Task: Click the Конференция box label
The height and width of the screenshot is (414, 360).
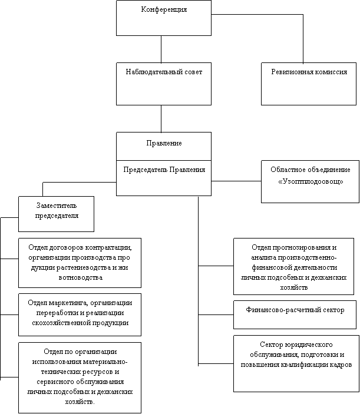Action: pos(164,10)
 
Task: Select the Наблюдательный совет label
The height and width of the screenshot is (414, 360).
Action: pos(164,72)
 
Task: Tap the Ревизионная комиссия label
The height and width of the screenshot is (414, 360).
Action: pos(309,72)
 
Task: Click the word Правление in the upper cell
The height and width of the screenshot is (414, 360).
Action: pos(164,143)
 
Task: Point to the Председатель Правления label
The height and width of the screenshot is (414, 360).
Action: pos(164,170)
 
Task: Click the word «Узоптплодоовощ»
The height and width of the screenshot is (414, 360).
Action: pos(311,181)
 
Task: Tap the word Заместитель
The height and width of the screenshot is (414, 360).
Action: pos(57,206)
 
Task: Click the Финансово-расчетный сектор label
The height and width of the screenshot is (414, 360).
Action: pos(295,310)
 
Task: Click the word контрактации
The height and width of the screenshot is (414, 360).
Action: pos(109,248)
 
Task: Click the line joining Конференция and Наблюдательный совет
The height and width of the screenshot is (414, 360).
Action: pos(161,49)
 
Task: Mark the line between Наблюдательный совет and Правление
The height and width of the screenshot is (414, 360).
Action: pos(161,119)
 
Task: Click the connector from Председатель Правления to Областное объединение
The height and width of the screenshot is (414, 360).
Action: pos(236,181)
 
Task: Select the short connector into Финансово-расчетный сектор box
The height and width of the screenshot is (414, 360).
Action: pos(216,314)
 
